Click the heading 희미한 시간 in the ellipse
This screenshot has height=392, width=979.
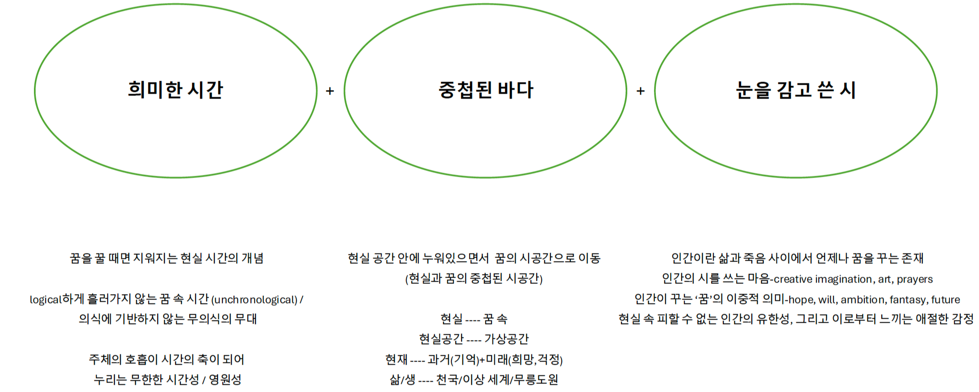175,90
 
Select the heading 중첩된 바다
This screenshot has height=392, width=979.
486,90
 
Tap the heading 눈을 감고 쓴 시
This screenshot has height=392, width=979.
796,90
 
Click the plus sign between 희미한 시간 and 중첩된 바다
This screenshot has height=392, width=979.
330,91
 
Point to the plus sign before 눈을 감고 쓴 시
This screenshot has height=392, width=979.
641,91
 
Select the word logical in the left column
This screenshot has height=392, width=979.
46,300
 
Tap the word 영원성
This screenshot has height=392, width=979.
225,379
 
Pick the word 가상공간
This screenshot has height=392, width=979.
506,339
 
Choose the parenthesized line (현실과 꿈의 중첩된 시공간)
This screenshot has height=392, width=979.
474,279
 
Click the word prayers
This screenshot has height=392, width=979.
915,279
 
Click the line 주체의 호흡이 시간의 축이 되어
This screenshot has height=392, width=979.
167,359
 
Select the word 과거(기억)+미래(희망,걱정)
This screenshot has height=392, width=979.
495,359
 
